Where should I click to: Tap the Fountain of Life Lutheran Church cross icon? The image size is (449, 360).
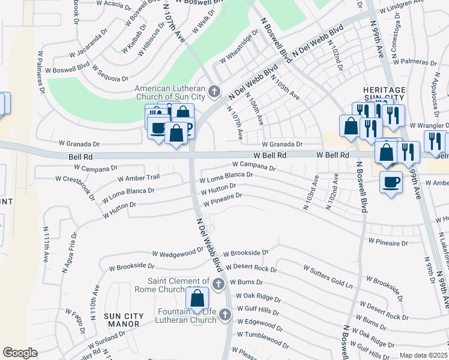point(225,314)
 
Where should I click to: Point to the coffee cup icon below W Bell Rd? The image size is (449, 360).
point(391,181)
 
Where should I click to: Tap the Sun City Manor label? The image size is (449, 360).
point(122,320)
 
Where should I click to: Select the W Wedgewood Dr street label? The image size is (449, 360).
point(178,253)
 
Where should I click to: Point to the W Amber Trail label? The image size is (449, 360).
point(139,178)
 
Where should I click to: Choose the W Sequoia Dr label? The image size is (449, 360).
point(110,73)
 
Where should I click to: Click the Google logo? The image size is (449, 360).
point(20,352)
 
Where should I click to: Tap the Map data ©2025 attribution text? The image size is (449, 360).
point(423,355)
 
